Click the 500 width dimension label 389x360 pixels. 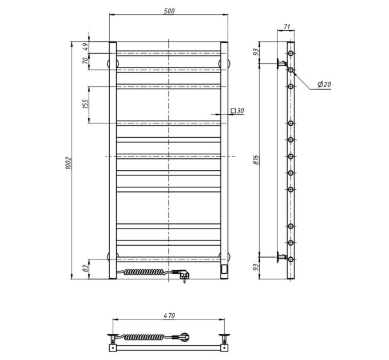point(169,11)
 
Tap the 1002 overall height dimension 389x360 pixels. point(68,163)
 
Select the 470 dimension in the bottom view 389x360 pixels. point(169,315)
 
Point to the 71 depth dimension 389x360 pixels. point(287,27)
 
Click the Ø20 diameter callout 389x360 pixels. point(324,85)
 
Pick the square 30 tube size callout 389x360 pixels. point(237,110)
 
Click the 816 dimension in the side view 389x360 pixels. point(256,160)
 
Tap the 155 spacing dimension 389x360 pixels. point(85,105)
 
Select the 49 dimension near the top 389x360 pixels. point(85,47)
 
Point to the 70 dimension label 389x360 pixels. point(85,61)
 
